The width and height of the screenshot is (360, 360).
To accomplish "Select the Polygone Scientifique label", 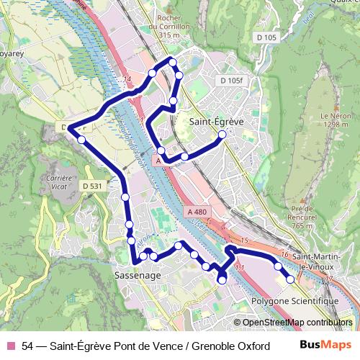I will (x=295, y=300).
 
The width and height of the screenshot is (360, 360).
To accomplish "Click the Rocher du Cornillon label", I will (x=163, y=27).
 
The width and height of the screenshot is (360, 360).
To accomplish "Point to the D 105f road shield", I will (x=233, y=80).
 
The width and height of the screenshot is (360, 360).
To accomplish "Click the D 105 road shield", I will (x=265, y=37).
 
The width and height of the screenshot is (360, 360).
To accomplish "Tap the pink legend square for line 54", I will (x=11, y=346).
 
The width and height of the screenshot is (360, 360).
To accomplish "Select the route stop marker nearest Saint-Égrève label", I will (x=222, y=135).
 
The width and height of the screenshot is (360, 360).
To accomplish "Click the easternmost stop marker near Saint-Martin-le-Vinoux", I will (x=291, y=279).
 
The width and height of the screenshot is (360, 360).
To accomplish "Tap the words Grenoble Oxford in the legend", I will (x=232, y=346).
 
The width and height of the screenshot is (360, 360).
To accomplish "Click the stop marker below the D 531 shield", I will (x=125, y=196).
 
